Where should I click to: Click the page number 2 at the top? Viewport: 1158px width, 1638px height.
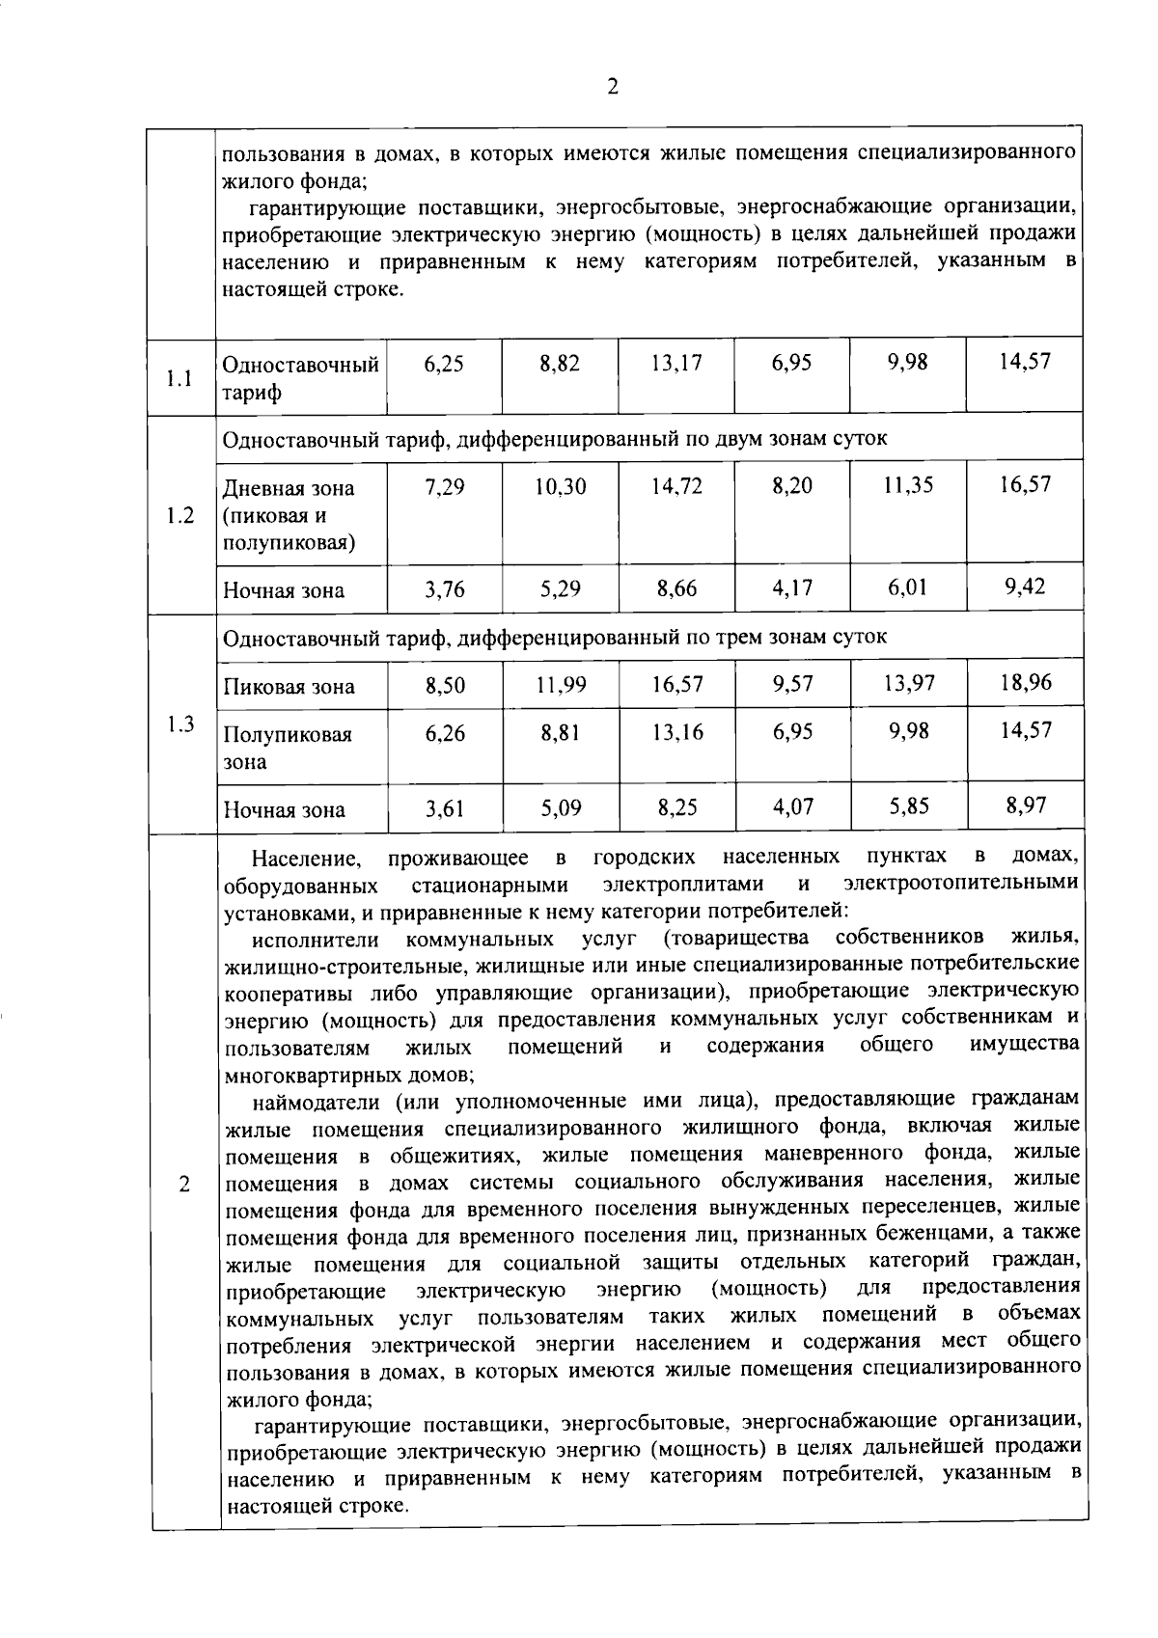pos(612,87)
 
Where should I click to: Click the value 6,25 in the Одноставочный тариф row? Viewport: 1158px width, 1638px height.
pos(444,364)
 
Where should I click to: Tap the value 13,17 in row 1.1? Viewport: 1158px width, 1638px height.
pos(676,364)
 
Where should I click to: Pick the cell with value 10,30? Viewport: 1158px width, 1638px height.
pos(561,486)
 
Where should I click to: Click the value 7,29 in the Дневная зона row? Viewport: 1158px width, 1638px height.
pos(444,487)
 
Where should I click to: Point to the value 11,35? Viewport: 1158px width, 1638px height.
pos(908,485)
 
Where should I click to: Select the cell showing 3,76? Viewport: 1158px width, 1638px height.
pos(445,588)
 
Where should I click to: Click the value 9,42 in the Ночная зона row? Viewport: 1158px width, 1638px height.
pos(1025,587)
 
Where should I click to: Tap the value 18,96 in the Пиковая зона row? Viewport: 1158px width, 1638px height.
pos(1025,683)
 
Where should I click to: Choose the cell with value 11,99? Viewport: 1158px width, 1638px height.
pos(561,686)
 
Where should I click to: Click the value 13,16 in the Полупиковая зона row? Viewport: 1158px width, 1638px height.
pos(676,733)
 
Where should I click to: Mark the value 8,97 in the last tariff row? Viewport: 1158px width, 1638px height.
pos(1025,805)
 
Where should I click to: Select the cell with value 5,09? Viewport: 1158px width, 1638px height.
pos(561,807)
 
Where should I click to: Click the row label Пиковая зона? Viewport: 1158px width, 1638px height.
pos(289,687)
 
